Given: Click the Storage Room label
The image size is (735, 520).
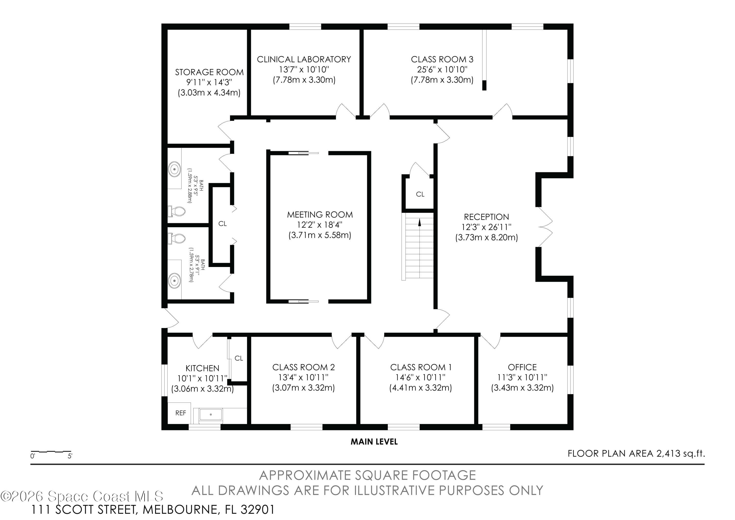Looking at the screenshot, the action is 209,72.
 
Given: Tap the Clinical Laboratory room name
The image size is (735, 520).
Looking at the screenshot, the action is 304,59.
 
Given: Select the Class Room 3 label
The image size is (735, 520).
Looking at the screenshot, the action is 442,59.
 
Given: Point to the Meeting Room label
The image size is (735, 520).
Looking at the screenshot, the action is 320,214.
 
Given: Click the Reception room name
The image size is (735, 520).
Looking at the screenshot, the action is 486,217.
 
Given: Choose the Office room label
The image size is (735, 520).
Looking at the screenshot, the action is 522,367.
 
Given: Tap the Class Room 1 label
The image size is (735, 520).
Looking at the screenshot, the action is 421,367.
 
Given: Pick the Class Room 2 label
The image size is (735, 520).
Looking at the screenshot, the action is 304,367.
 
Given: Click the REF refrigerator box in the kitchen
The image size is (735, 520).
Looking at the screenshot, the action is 179,413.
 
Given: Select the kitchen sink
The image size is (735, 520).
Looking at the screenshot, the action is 211,414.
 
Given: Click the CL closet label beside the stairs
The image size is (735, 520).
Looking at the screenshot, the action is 420,194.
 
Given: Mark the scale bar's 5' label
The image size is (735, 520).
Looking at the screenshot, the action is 70,456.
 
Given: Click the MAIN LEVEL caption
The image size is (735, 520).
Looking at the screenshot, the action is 374,442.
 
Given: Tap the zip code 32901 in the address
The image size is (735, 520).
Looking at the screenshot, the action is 257,509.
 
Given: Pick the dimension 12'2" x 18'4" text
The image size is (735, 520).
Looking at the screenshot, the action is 320,225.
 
